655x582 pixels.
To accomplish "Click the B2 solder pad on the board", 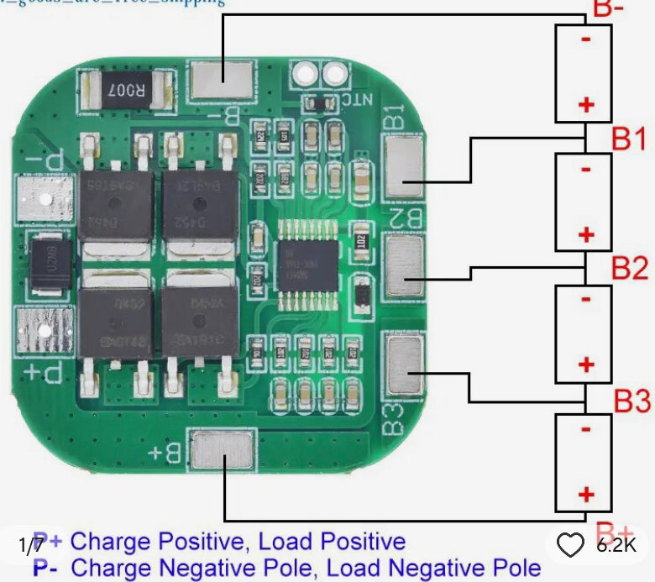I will pos(406,266).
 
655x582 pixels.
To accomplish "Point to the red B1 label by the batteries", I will pos(628,139).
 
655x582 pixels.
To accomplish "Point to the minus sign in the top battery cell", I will pos(585,38).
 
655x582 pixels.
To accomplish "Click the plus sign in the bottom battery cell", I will pos(585,495).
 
